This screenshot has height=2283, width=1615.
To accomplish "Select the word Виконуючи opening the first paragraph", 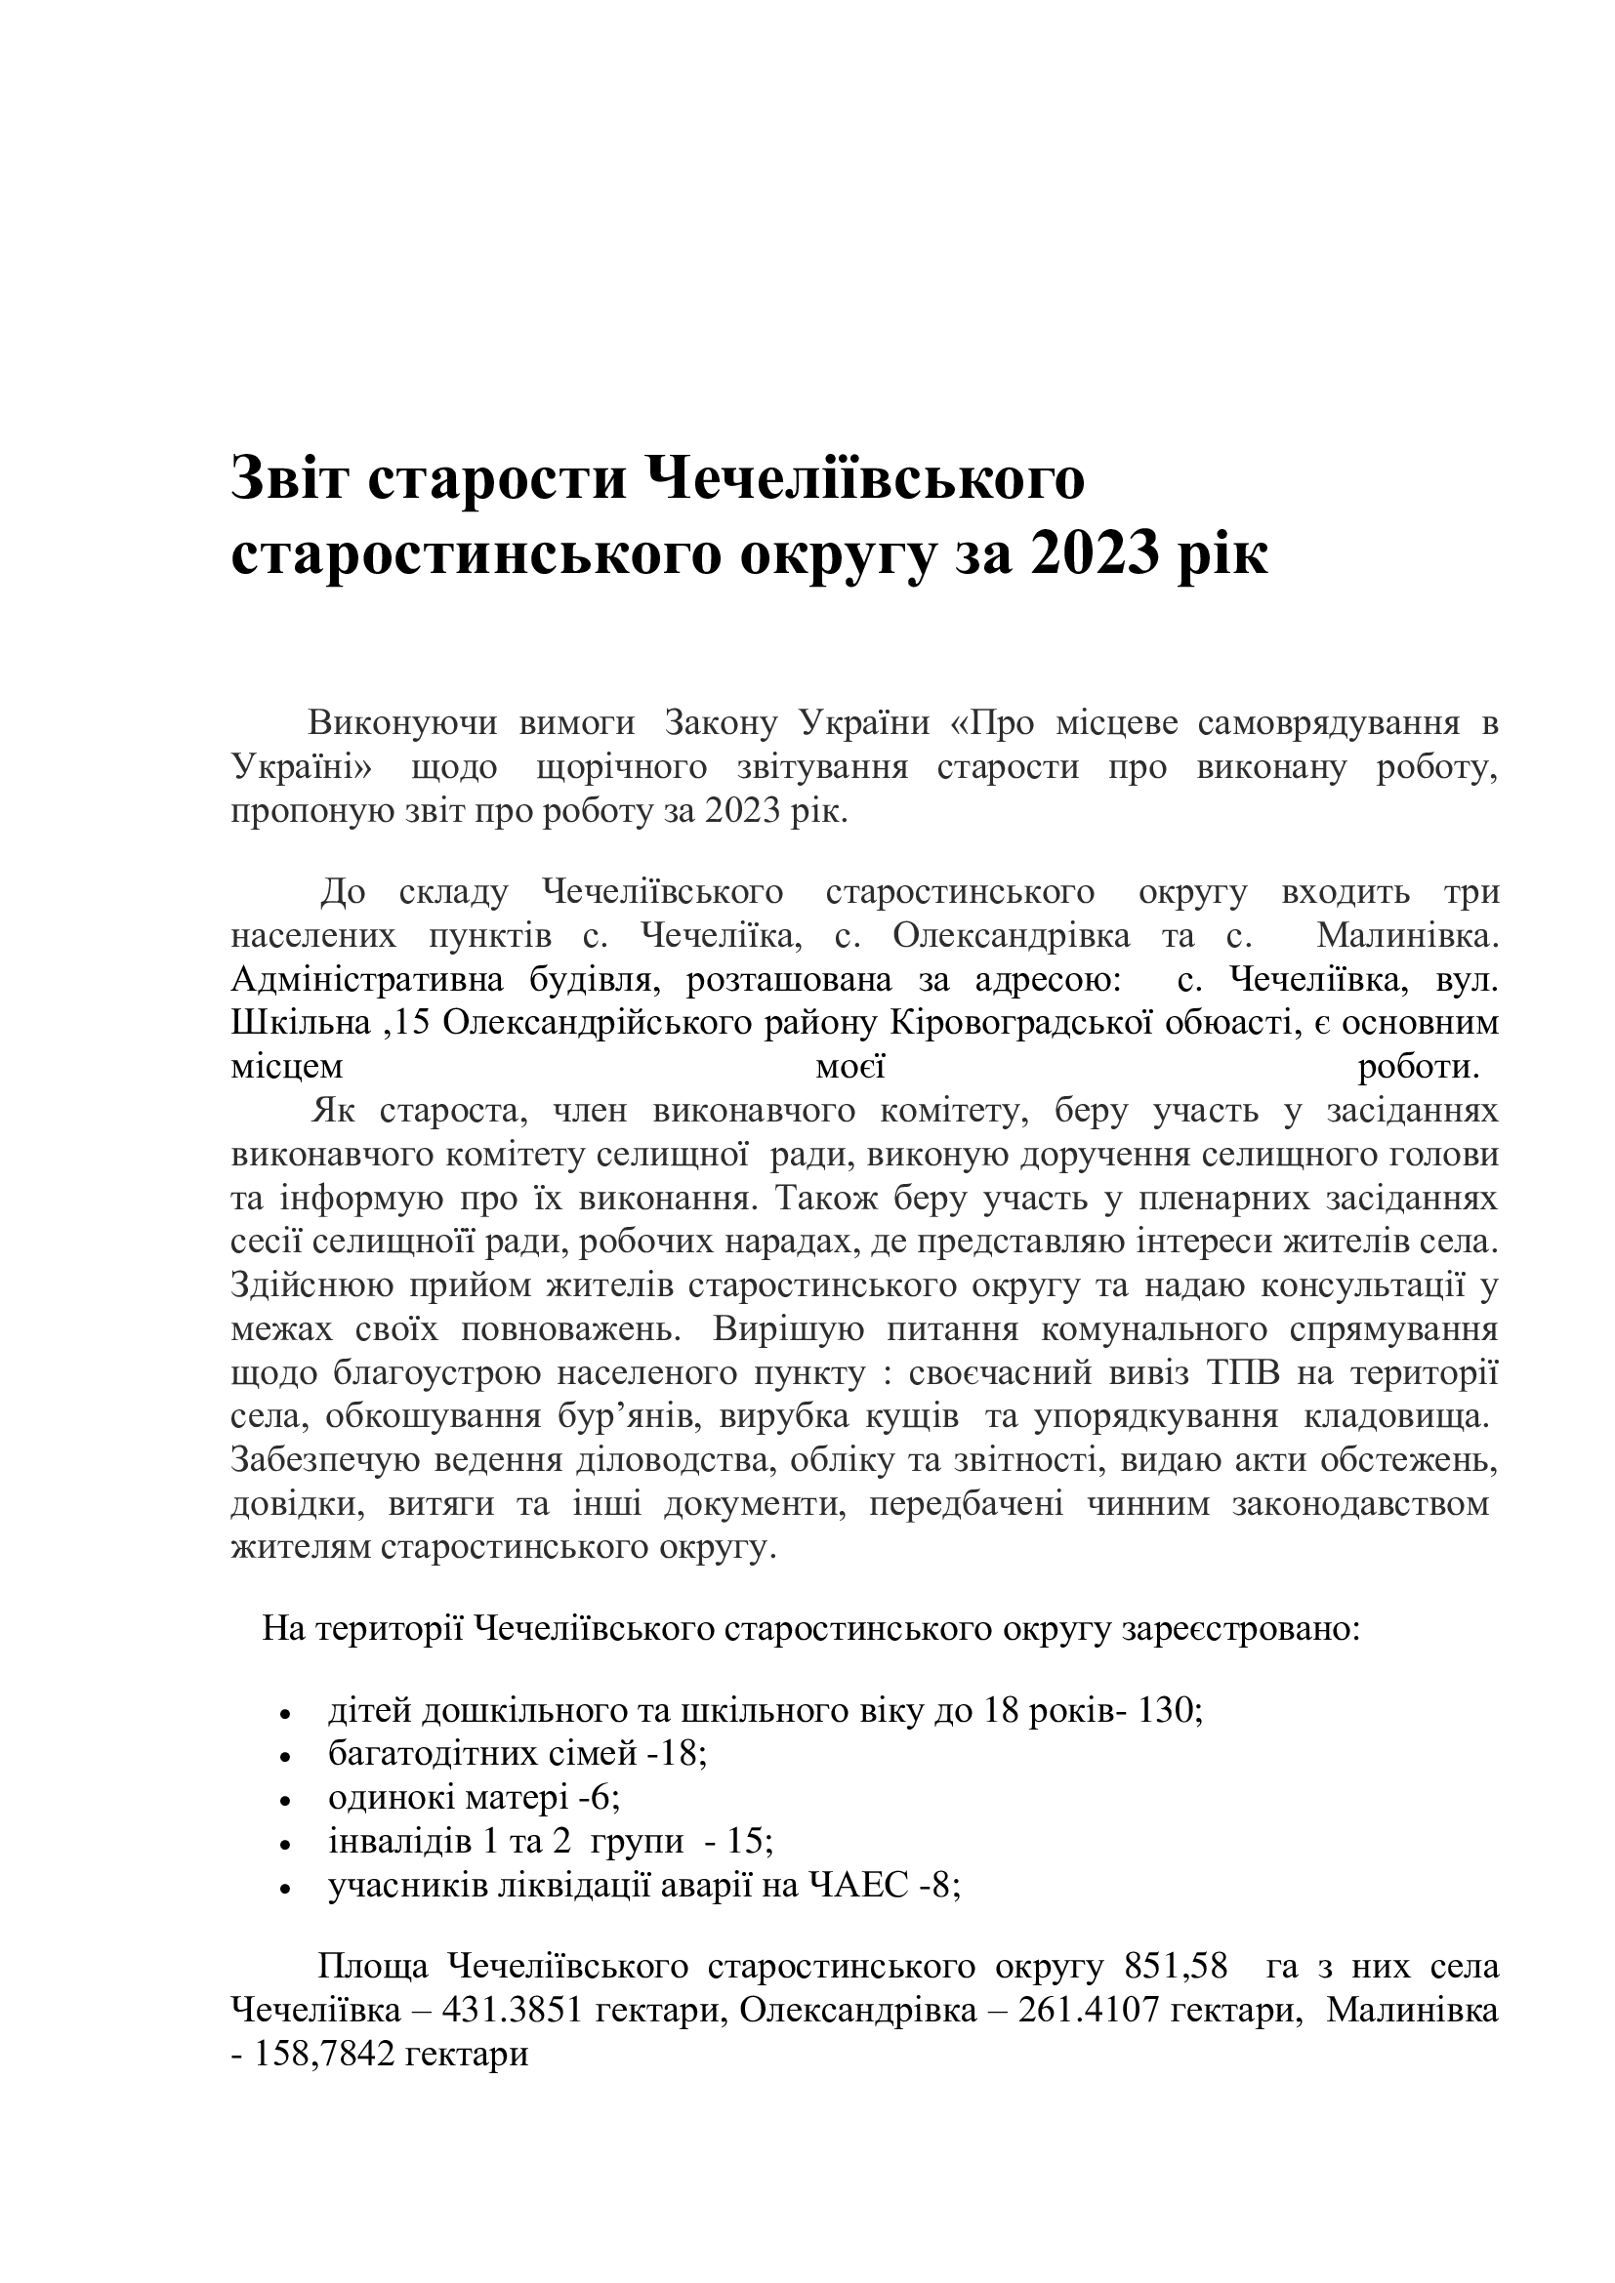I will tap(401, 723).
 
